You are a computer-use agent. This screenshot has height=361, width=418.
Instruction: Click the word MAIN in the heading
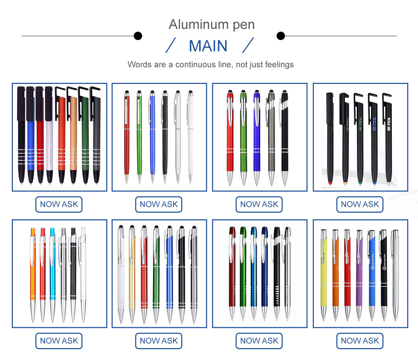coord(208,46)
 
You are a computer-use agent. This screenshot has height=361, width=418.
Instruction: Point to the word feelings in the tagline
coord(279,64)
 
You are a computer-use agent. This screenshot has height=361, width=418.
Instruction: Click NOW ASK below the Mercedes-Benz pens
coord(359,340)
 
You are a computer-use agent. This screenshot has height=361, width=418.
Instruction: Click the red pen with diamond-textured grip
coord(230,139)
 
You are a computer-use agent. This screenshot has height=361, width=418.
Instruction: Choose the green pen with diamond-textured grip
coord(243,139)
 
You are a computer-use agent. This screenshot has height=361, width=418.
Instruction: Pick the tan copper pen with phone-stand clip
coord(73,139)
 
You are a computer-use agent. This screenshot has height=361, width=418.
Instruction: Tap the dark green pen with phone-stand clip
coord(85,139)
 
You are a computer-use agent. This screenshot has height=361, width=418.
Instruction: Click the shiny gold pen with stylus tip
coord(132,275)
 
